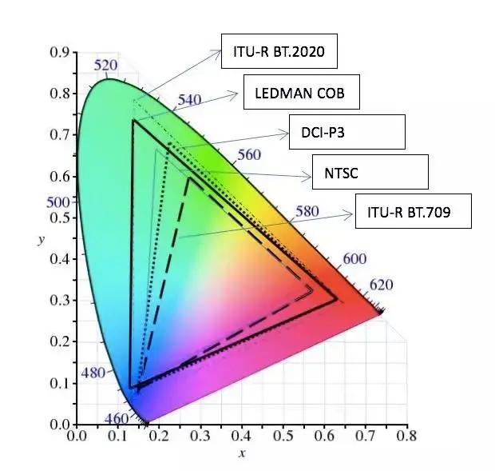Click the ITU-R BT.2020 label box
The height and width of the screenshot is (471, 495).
coord(279,53)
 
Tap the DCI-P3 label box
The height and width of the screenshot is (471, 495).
coord(347,131)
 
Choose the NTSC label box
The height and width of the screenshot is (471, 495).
coord(370,172)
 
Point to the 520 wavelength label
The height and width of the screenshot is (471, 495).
coord(106,66)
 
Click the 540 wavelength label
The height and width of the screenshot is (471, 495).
coord(189,101)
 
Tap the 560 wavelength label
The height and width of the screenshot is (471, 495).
coord(248,155)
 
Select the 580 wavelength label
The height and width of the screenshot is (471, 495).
coord(307,212)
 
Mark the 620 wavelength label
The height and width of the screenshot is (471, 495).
coord(380,285)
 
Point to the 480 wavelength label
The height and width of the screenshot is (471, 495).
coord(93,373)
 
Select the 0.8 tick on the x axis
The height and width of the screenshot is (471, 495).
coord(407,437)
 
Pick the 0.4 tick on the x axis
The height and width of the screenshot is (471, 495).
coord(242,437)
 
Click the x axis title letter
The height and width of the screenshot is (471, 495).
coord(242,454)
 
